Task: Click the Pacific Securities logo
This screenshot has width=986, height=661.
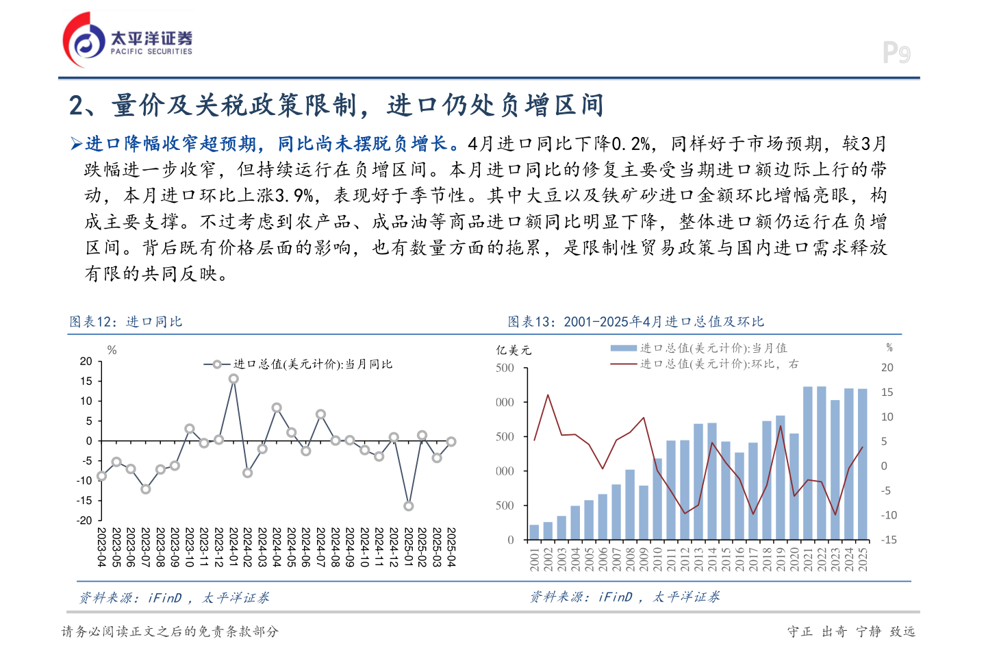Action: (127, 40)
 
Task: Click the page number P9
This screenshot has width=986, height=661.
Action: (896, 53)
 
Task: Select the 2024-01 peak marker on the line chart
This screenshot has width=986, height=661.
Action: (233, 379)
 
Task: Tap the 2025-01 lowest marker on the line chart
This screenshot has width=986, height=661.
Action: (409, 506)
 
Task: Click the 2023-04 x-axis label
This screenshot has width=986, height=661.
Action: (101, 547)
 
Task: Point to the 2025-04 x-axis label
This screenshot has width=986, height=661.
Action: (451, 547)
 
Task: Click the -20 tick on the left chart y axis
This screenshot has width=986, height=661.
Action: (86, 520)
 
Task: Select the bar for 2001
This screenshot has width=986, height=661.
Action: (534, 532)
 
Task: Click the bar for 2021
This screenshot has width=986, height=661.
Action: (808, 463)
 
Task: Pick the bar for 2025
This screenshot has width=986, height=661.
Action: (863, 464)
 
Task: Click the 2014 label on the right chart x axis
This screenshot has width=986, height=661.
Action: (712, 558)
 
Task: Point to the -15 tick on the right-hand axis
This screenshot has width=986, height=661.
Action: (889, 540)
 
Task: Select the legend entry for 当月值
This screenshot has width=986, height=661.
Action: (713, 348)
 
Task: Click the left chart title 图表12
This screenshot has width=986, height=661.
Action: (126, 322)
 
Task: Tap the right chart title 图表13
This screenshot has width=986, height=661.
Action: (635, 322)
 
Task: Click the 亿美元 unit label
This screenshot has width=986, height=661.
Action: (514, 350)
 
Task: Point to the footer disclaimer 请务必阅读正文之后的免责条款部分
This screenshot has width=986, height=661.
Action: (170, 632)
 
